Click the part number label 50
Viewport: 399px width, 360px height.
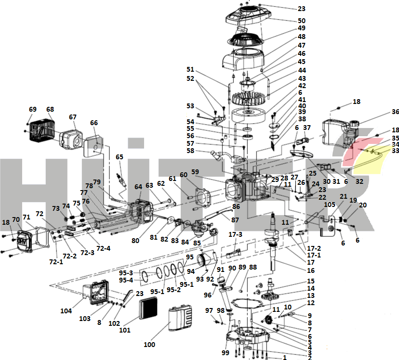point(301,21)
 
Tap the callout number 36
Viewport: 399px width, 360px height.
point(395,112)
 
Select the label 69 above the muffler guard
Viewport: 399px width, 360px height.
point(33,110)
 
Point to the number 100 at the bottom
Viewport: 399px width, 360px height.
point(149,345)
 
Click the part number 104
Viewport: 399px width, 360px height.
point(66,311)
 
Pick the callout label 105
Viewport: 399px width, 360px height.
point(330,205)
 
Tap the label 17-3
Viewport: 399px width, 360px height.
point(236,234)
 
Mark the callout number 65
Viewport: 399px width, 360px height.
point(119,157)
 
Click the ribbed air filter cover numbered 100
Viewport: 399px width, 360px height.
point(181,324)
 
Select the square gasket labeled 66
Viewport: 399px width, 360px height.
point(94,145)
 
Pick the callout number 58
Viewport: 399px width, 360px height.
point(191,151)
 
